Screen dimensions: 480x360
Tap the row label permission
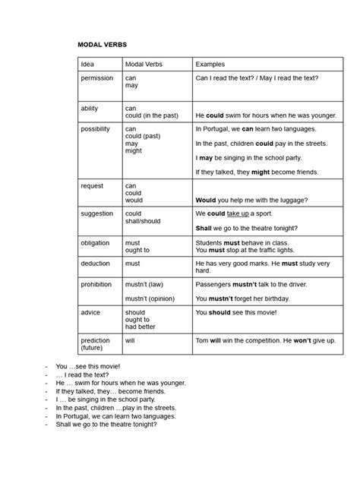[x=97, y=78]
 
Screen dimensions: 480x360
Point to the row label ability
[x=90, y=109]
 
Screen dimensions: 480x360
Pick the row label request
[x=92, y=185]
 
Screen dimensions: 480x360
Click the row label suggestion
[x=97, y=213]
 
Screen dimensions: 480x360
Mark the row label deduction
[x=96, y=264]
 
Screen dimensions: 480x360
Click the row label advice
[x=90, y=312]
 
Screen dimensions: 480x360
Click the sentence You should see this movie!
[x=236, y=312]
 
